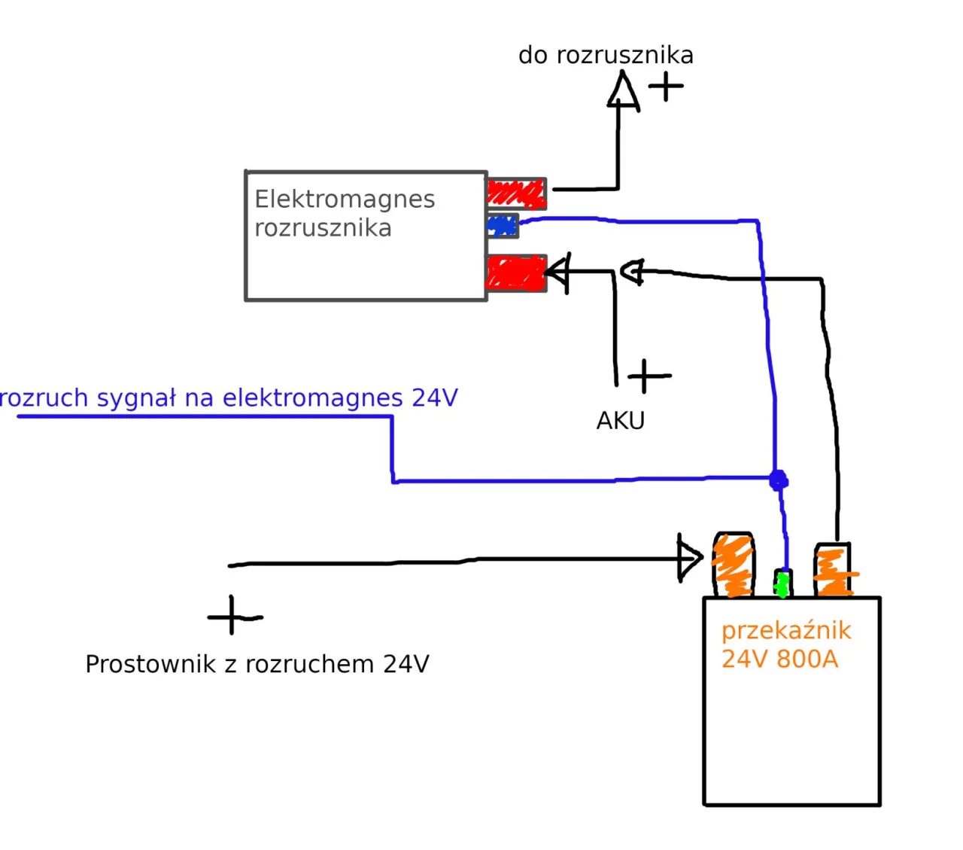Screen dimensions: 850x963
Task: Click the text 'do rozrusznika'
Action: click(606, 55)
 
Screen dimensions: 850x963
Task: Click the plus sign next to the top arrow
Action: click(666, 86)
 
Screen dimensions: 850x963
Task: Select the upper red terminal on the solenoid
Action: click(516, 193)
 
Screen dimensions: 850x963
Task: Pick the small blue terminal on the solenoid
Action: click(503, 225)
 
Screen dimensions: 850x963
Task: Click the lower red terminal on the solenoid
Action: click(515, 273)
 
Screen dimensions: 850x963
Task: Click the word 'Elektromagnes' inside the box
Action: click(345, 200)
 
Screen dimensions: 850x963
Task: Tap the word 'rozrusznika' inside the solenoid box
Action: click(323, 228)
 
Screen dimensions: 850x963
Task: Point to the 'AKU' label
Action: click(620, 421)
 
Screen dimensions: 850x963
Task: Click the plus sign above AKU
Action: click(647, 375)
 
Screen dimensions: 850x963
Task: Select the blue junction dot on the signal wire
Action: click(779, 480)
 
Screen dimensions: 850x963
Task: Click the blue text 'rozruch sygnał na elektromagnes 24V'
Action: click(229, 398)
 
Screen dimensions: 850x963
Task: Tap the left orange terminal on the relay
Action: click(733, 565)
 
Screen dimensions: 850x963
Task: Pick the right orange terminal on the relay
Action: click(833, 570)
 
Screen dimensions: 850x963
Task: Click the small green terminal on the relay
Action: click(782, 583)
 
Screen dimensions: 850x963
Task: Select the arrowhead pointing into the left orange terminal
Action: click(689, 558)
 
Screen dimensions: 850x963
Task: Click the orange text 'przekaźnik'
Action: click(786, 630)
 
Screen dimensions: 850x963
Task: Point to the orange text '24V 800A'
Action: click(779, 660)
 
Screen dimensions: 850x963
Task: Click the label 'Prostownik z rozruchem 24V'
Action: click(257, 664)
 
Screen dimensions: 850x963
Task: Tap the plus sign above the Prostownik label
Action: click(233, 616)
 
